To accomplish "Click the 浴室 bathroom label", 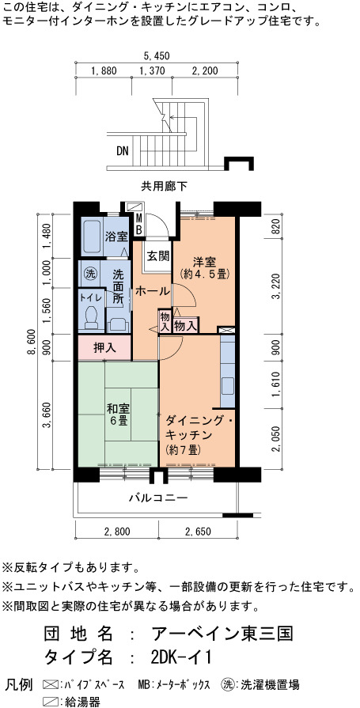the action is click(x=116, y=237).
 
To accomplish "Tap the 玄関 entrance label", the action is click(x=158, y=256).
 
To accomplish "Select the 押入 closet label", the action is click(x=104, y=348).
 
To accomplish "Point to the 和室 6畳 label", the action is click(x=118, y=415).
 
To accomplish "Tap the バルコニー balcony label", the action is click(x=158, y=498).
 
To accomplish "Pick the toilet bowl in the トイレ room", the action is click(x=93, y=316).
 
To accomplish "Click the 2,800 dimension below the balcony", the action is click(x=117, y=531).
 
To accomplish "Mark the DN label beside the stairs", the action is click(x=123, y=151).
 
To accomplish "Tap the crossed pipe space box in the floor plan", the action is click(x=226, y=330).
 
